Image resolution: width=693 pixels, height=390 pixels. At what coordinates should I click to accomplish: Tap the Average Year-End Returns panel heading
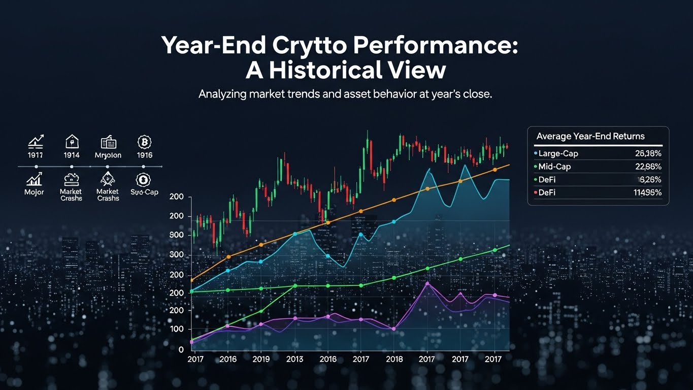point(590,136)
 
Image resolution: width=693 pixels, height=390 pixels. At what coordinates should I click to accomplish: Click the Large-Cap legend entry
point(558,153)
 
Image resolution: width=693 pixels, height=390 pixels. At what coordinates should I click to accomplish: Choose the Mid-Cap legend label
point(556,167)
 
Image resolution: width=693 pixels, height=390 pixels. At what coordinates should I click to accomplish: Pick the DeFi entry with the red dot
point(548,192)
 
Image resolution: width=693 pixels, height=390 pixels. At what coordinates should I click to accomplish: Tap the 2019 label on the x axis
point(261,359)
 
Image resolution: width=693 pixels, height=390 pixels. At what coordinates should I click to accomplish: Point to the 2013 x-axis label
point(294,359)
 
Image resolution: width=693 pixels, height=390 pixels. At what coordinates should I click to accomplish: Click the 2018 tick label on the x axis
point(394,359)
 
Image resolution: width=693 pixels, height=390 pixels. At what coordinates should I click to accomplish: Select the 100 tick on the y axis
point(177,330)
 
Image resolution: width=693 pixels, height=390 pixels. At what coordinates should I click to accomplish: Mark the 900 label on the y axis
point(177,235)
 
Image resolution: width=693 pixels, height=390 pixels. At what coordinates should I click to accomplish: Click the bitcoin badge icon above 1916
point(145,142)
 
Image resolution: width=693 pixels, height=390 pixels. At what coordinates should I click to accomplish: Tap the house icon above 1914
point(72,142)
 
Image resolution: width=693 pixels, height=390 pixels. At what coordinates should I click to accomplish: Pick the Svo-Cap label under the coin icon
point(144,192)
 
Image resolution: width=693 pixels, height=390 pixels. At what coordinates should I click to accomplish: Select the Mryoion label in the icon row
point(108,155)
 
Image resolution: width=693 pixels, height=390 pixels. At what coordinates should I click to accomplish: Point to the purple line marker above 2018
point(393,329)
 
